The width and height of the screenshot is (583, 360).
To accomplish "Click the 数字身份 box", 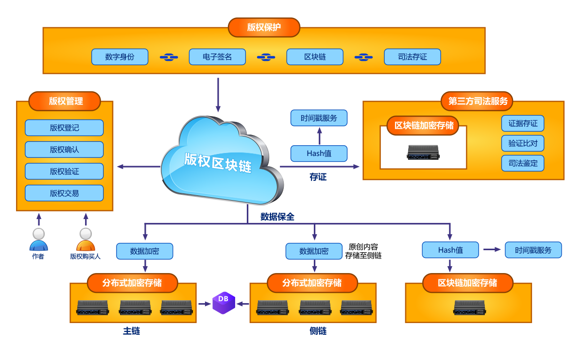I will [120, 57].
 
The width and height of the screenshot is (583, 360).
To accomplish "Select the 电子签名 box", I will [217, 57].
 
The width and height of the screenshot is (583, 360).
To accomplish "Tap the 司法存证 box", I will [412, 57].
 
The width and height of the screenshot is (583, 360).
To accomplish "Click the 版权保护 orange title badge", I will [264, 27].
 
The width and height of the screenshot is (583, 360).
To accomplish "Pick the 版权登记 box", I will [64, 128].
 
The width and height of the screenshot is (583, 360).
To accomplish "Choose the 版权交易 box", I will [64, 193].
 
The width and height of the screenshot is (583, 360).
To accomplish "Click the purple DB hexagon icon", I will [223, 303].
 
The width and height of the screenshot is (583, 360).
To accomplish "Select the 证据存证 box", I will [523, 123].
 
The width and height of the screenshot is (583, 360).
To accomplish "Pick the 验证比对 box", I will [523, 143].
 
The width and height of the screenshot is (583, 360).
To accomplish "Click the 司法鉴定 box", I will [523, 163].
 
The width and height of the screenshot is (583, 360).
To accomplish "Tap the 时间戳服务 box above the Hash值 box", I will [319, 118].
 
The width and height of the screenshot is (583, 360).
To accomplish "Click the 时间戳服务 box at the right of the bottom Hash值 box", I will [533, 250].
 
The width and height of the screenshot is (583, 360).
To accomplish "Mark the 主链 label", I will [132, 331].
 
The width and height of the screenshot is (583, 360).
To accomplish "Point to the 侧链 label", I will [318, 331].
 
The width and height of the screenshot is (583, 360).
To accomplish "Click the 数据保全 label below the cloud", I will [277, 217].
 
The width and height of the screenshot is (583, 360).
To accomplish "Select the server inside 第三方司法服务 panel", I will [423, 153].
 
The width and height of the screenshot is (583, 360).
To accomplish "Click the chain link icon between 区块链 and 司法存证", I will [363, 57].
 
